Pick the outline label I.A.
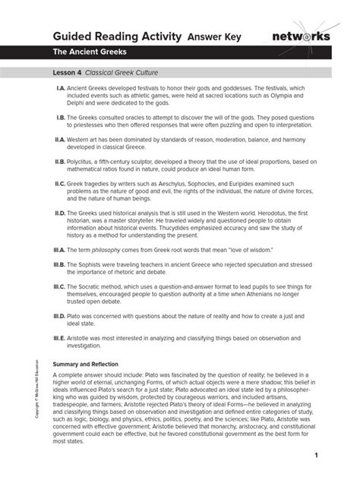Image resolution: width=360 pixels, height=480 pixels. pos(60,88)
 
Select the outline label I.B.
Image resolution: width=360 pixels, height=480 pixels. pos(60,118)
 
